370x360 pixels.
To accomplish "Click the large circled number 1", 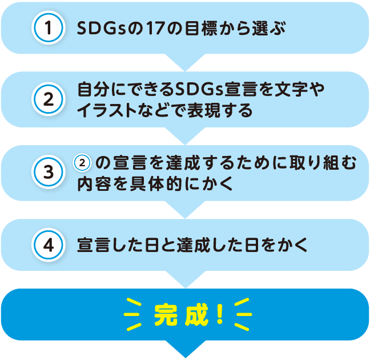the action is tap(49, 27).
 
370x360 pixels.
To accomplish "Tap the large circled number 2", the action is tap(49, 99).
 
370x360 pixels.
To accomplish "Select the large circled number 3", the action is tap(49, 172).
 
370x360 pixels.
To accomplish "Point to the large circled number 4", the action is tap(49, 245).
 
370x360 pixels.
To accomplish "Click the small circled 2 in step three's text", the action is tap(82, 163).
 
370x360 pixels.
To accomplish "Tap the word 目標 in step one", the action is tap(200, 28).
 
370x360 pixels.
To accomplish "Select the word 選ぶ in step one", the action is tap(269, 28).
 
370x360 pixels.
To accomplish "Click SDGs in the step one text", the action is tap(102, 28).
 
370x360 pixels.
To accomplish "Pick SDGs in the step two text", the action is tap(199, 90).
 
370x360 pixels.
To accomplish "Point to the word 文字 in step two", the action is tap(291, 90).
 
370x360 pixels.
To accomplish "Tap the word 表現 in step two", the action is tap(203, 110).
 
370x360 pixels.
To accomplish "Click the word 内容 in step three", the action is tap(94, 184).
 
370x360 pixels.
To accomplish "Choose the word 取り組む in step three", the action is tap(323, 163).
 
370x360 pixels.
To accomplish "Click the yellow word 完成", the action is tap(181, 315).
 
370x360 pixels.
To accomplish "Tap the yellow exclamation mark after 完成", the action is tap(220, 314).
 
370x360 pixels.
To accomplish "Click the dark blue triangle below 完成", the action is tap(186, 349).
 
